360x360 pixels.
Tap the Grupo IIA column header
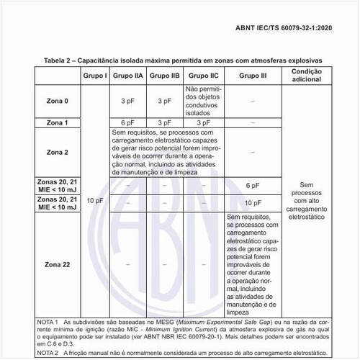[128, 76]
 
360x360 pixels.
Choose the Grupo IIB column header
[166, 76]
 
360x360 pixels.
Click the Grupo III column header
[252, 76]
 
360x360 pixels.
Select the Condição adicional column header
[307, 76]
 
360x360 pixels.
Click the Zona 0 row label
[57, 101]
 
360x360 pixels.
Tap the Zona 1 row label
[57, 123]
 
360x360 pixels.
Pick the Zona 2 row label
[57, 152]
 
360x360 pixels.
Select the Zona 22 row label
[57, 265]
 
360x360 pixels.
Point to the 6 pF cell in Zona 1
[128, 123]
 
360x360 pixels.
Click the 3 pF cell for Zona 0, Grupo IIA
[128, 101]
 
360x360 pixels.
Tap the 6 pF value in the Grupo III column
[252, 185]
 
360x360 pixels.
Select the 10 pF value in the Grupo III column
[252, 203]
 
